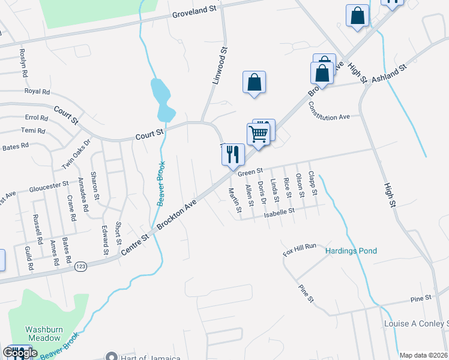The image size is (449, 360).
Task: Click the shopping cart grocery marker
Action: click(258, 134)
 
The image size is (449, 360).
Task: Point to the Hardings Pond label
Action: click(351, 250)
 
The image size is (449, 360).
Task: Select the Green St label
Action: click(250, 172)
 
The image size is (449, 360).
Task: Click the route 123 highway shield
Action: click(81, 266)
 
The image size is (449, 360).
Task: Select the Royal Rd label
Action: click(37, 92)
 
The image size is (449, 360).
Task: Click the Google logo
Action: click(20, 353)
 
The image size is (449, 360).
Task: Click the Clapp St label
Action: click(312, 184)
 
